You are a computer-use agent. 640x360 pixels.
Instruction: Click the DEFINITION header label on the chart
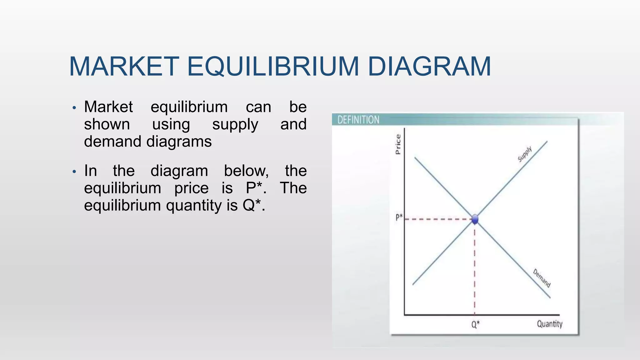358,120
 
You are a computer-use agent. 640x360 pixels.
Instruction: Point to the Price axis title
398,144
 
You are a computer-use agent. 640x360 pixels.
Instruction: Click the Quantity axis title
549,324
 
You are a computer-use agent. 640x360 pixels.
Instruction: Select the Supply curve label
525,154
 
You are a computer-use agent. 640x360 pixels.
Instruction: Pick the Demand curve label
542,278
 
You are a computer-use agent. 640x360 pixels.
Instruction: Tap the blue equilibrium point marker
475,219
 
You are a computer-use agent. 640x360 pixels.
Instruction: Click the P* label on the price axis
399,217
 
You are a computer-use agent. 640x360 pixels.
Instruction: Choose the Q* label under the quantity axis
475,325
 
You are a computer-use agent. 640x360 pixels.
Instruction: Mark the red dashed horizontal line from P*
437,219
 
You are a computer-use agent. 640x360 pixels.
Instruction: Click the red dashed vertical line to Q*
475,269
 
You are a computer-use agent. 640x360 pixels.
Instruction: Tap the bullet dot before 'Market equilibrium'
74,108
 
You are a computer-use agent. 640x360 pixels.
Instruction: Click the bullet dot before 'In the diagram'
74,172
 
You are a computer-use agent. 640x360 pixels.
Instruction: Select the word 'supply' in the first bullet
235,125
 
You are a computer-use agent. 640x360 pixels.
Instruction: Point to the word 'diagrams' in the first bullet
179,142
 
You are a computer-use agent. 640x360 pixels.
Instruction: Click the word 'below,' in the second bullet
246,171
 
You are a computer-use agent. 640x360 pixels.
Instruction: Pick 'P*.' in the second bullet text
256,188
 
